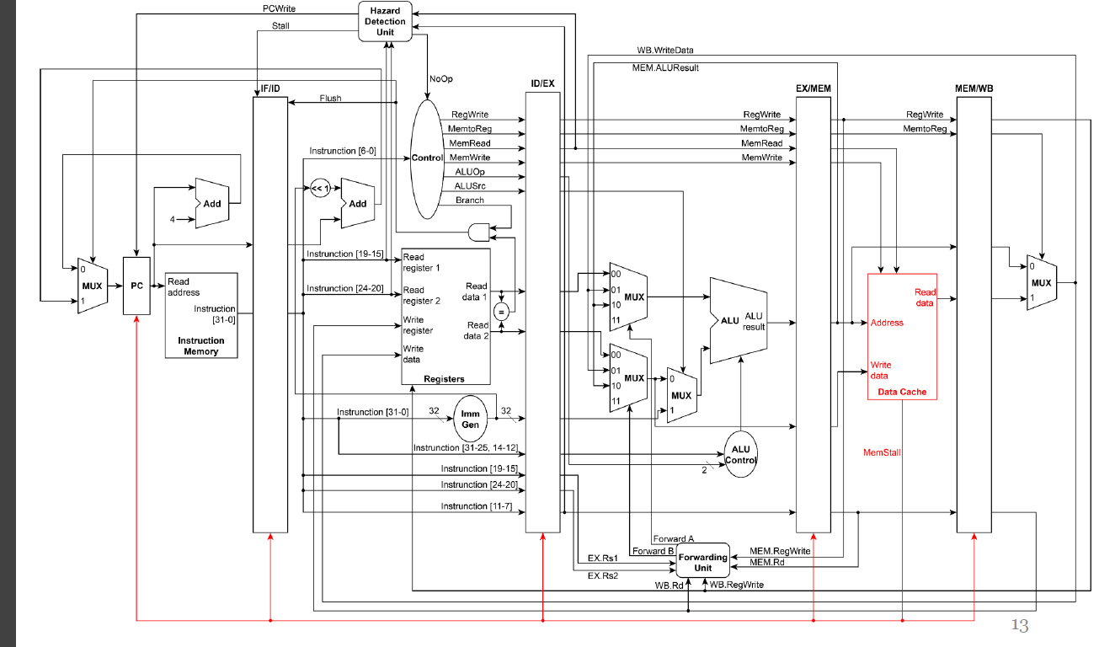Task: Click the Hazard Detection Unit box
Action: pyautogui.click(x=385, y=21)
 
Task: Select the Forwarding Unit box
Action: pyautogui.click(x=702, y=562)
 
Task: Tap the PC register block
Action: pyautogui.click(x=136, y=286)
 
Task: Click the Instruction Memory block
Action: pyautogui.click(x=201, y=315)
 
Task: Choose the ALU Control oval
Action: pyautogui.click(x=740, y=455)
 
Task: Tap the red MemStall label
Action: pyautogui.click(x=882, y=453)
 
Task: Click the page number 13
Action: pyautogui.click(x=1019, y=625)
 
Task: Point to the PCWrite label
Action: pyautogui.click(x=279, y=8)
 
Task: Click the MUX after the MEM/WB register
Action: pyautogui.click(x=1042, y=283)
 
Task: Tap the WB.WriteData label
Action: pyautogui.click(x=665, y=51)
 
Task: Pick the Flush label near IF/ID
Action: pyautogui.click(x=330, y=99)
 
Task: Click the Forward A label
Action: pyautogui.click(x=673, y=539)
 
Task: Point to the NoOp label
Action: pyautogui.click(x=440, y=78)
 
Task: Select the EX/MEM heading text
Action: pyautogui.click(x=813, y=88)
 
